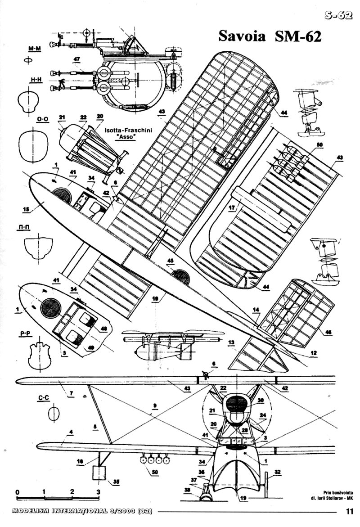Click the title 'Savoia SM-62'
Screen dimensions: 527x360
point(270,36)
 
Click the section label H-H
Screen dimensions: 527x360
point(36,80)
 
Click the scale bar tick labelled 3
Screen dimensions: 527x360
point(99,491)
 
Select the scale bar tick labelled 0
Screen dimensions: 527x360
point(17,491)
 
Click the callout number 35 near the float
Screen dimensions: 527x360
point(117,482)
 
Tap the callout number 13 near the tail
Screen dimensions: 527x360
point(231,342)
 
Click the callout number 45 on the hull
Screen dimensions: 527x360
point(170,260)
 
